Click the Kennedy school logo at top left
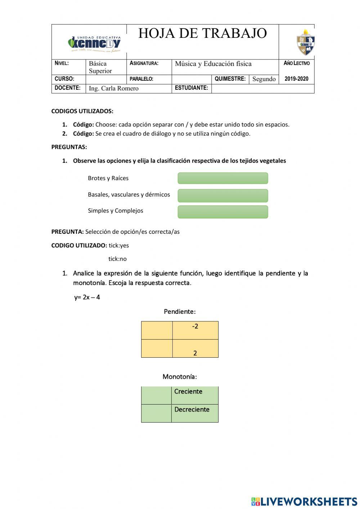click(x=94, y=44)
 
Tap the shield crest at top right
click(x=306, y=43)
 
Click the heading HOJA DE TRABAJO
click(x=202, y=34)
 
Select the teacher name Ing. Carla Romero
click(x=113, y=88)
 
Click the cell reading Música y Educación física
click(x=213, y=64)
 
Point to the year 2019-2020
click(x=296, y=79)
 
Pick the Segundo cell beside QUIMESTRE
click(x=264, y=79)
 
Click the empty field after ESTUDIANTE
click(x=262, y=88)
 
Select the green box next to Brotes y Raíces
click(x=223, y=178)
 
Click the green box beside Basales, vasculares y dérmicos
click(x=223, y=195)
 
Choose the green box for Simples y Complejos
click(x=223, y=212)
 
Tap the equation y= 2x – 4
click(x=87, y=297)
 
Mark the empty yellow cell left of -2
click(x=157, y=330)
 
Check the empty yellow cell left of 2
click(x=157, y=348)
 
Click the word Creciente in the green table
click(x=188, y=392)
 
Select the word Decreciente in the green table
click(x=192, y=410)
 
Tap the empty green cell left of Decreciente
click(x=156, y=413)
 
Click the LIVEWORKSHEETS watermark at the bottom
click(x=304, y=501)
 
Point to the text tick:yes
click(x=118, y=245)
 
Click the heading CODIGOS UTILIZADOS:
click(x=82, y=111)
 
